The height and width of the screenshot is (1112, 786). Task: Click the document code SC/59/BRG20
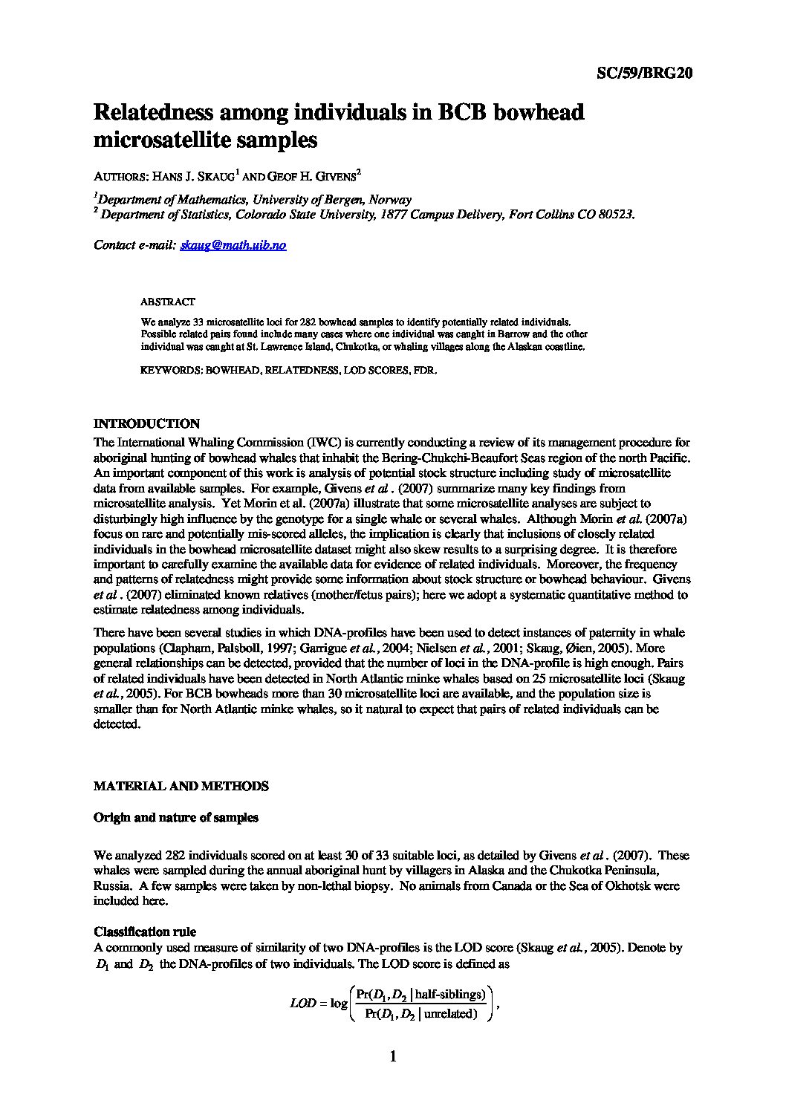pos(645,73)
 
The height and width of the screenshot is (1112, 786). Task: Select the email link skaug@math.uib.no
pos(233,245)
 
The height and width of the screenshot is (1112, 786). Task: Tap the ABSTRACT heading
pos(168,302)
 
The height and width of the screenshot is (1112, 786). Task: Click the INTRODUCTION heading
pos(146,424)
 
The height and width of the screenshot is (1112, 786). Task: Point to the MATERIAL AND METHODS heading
pos(181,786)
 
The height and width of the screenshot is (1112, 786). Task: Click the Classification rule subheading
pos(145,932)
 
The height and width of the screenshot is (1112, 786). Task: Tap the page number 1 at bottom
pos(393,1057)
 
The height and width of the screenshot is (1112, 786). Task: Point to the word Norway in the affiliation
pos(389,199)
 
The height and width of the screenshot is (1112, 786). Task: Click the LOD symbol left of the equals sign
pos(302,1004)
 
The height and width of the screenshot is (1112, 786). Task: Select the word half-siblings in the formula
pos(451,994)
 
